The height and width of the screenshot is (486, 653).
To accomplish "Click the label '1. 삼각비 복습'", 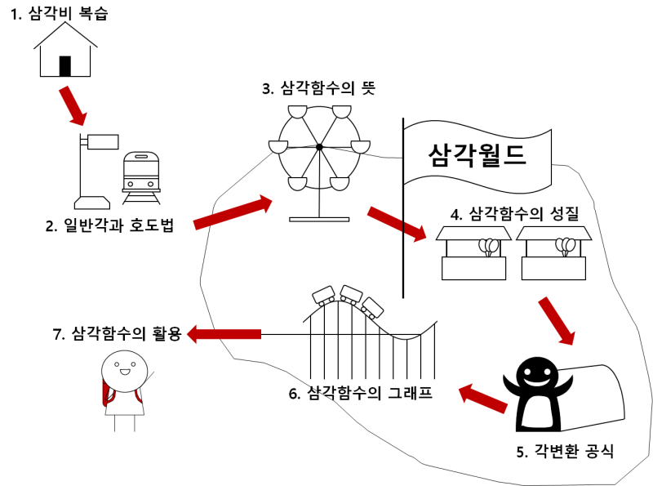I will (59, 14).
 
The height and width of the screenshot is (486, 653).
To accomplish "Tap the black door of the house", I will (65, 65).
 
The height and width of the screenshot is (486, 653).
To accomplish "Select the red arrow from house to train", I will (72, 106).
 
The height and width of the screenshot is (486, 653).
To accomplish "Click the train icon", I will (140, 176).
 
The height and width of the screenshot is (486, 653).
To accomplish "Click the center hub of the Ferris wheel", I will (319, 147).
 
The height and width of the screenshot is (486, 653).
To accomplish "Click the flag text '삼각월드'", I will (478, 153).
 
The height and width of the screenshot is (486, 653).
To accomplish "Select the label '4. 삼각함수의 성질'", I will (514, 214).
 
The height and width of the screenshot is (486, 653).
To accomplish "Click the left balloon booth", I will (473, 254).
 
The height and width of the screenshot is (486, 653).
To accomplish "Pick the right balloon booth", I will (552, 254).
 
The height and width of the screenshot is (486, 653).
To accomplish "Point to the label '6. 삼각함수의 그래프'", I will (360, 393).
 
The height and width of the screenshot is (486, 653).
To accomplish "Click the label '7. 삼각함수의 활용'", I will (117, 333).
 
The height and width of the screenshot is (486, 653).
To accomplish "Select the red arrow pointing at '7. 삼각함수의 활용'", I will (224, 333).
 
